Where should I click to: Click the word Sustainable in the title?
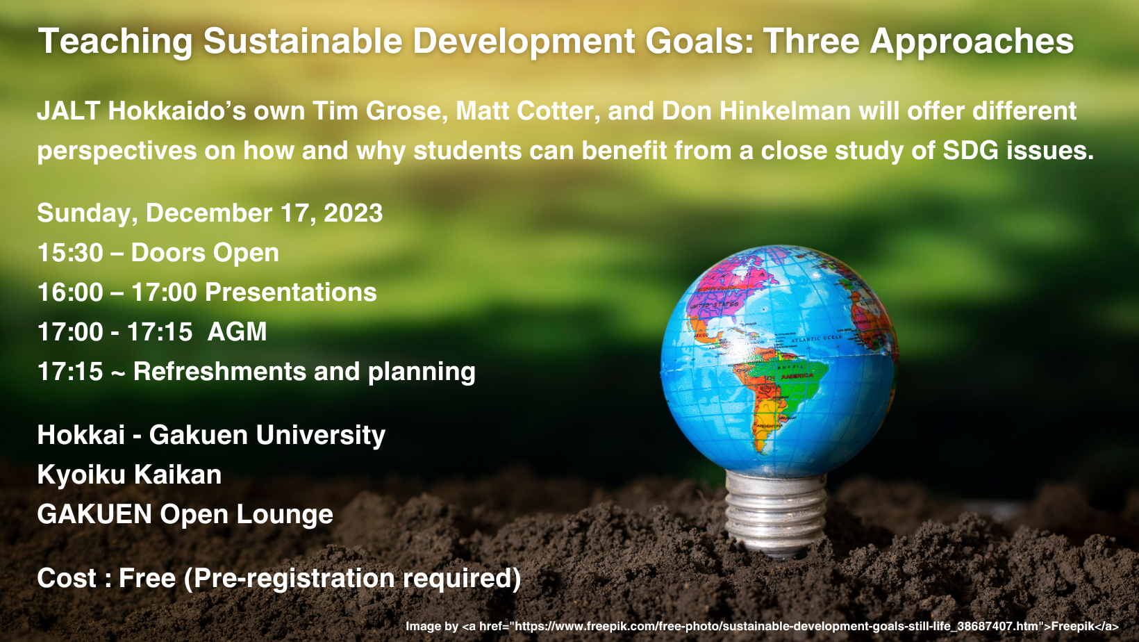pyautogui.click(x=303, y=41)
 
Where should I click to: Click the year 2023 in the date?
pyautogui.click(x=353, y=213)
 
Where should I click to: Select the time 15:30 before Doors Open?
pyautogui.click(x=70, y=252)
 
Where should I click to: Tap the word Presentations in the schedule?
pyautogui.click(x=290, y=292)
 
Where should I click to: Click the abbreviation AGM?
pyautogui.click(x=237, y=331)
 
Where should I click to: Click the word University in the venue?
pyautogui.click(x=320, y=436)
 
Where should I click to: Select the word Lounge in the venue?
pyautogui.click(x=284, y=515)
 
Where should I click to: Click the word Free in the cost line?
pyautogui.click(x=147, y=578)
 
